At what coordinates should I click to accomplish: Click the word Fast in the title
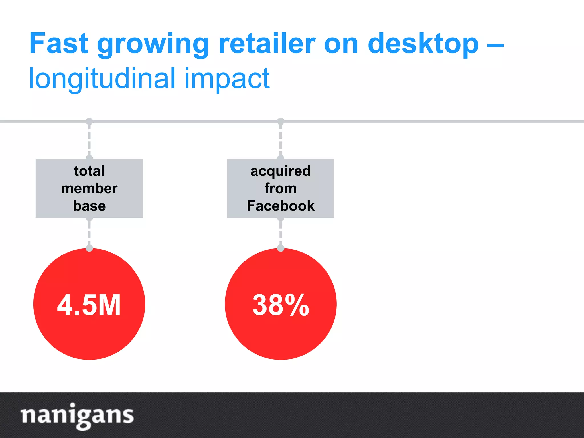[x=58, y=43]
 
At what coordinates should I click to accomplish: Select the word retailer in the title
[x=267, y=43]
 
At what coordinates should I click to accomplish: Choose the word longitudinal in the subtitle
[x=102, y=79]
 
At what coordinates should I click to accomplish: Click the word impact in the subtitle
[x=227, y=79]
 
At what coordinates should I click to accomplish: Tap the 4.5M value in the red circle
[x=89, y=305]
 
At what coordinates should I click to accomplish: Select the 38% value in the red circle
[x=281, y=305]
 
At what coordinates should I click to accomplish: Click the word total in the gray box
[x=89, y=171]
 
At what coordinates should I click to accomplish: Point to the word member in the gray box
[x=89, y=188]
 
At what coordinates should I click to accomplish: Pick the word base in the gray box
[x=89, y=206]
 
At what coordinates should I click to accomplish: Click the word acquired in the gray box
[x=281, y=171]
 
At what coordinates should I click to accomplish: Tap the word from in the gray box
[x=281, y=188]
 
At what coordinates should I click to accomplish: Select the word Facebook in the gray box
[x=281, y=206]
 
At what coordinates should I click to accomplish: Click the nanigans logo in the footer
[x=77, y=415]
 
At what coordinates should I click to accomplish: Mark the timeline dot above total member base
[x=89, y=121]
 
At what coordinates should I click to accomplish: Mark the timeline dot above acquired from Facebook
[x=281, y=121]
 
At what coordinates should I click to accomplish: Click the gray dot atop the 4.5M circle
[x=89, y=248]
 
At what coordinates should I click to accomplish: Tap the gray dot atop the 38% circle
[x=281, y=248]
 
